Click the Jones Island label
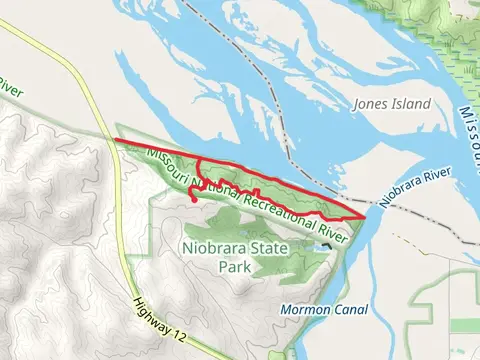pyautogui.click(x=392, y=104)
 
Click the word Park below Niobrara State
pyautogui.click(x=235, y=267)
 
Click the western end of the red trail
pyautogui.click(x=117, y=141)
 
